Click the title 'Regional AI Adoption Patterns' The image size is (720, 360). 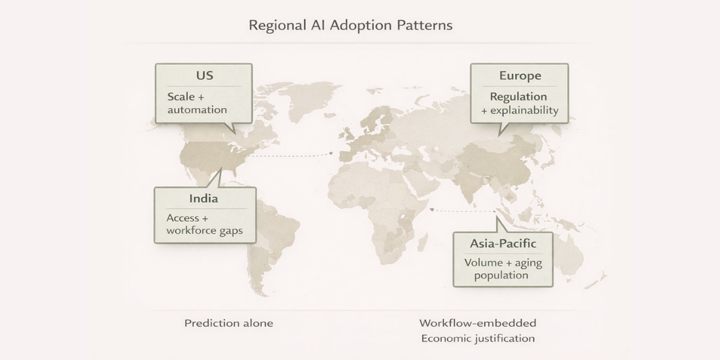[350, 25]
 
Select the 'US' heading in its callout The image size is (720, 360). [204, 76]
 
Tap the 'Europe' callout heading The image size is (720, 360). [520, 76]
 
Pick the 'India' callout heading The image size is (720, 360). [203, 199]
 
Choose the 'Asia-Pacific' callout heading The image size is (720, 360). [503, 244]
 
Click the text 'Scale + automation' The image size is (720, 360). [197, 103]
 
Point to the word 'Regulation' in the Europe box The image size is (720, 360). [518, 97]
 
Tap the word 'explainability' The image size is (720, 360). [524, 111]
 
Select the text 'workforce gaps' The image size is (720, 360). [204, 231]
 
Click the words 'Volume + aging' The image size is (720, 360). [503, 263]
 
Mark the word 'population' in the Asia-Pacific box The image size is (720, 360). [501, 275]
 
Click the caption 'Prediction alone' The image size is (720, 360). [229, 323]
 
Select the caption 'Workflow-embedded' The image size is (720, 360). [478, 323]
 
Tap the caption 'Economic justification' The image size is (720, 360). [478, 338]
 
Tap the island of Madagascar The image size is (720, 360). [422, 242]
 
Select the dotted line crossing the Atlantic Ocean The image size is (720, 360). [292, 155]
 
